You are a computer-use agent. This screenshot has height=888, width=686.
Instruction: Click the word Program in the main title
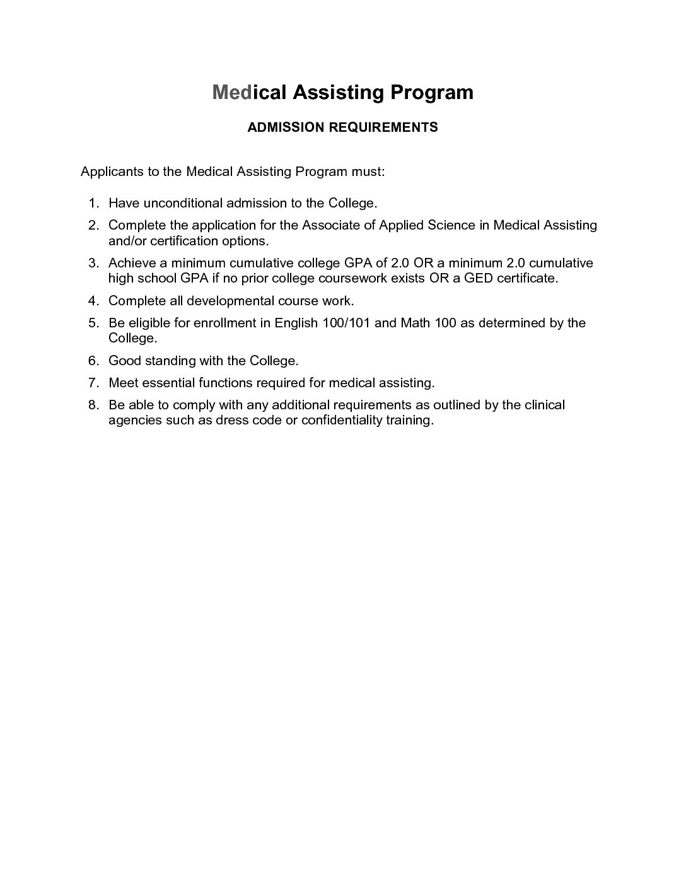(431, 93)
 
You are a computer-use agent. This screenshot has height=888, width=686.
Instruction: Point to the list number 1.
(93, 203)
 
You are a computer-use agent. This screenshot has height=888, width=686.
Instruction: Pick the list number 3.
(93, 263)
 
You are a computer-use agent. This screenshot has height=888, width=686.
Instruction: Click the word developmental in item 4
(230, 301)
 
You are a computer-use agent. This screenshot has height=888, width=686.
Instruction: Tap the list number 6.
(93, 361)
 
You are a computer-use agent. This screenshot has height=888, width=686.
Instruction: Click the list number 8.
(93, 405)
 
